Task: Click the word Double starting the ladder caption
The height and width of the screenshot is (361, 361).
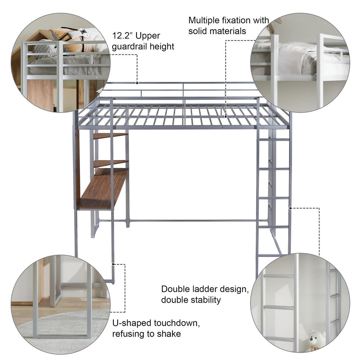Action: [x=175, y=289]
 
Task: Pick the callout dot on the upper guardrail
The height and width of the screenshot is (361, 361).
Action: [x=137, y=83]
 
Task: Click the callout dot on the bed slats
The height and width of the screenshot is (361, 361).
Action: [x=226, y=116]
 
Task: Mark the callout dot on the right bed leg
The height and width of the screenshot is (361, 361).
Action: [x=290, y=208]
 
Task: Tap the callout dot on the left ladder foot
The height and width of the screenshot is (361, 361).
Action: [x=113, y=263]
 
